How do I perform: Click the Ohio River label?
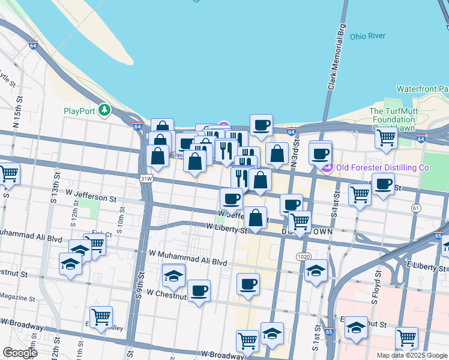pyautogui.click(x=368, y=36)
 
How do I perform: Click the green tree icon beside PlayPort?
pyautogui.click(x=105, y=110)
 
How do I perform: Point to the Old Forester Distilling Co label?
pyautogui.click(x=382, y=167)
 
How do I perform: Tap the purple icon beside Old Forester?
pyautogui.click(x=327, y=168)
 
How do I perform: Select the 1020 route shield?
pyautogui.click(x=303, y=257)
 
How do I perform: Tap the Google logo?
pyautogui.click(x=20, y=352)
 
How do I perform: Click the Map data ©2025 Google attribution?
pyautogui.click(x=412, y=355)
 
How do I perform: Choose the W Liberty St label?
pyautogui.click(x=226, y=228)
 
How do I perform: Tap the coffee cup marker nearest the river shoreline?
pyautogui.click(x=261, y=126)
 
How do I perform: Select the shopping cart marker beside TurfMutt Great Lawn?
pyautogui.click(x=385, y=137)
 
